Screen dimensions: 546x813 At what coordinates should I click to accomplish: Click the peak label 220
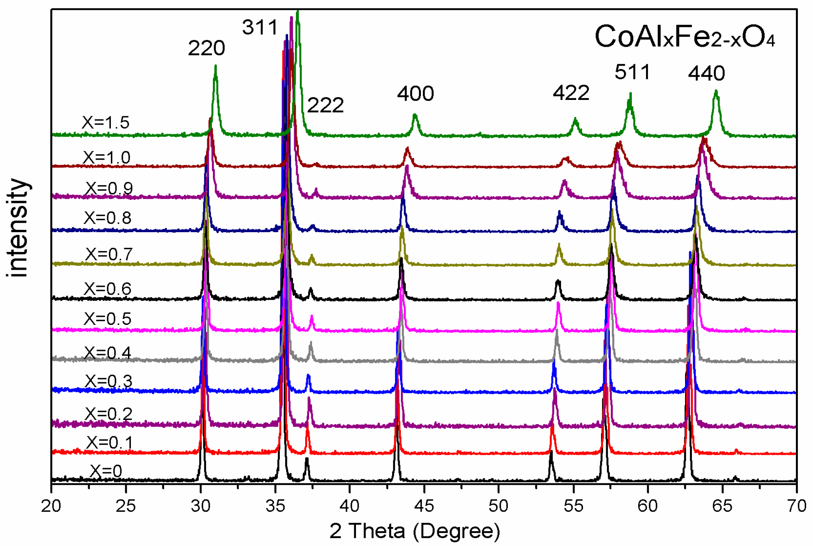pos(206,48)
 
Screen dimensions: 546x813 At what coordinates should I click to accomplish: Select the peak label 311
pos(260,27)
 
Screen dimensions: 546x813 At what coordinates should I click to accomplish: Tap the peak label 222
pos(325,105)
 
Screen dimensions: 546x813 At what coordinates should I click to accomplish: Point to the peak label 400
pos(415,93)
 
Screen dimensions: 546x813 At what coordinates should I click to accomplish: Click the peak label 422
pos(571,93)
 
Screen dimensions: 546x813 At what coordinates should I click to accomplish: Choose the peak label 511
pos(632,72)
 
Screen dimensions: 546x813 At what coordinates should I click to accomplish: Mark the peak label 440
pos(706,73)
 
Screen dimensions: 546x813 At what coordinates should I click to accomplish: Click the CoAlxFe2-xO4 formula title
pos(684,37)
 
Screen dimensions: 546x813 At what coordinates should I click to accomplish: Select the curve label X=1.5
pos(106,122)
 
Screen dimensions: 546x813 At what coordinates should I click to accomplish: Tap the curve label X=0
pos(106,471)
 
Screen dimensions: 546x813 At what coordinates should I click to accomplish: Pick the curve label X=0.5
pos(107,319)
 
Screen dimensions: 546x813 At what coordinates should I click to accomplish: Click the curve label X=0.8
pos(107,218)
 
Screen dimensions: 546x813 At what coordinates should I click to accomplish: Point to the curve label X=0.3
pos(109,381)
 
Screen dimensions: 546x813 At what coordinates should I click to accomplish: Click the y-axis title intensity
pos(18,228)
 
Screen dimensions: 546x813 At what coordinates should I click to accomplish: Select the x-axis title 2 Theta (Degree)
pos(414,531)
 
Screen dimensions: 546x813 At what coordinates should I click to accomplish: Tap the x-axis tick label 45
pos(424,506)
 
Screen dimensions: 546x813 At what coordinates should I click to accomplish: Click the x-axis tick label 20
pos(51,506)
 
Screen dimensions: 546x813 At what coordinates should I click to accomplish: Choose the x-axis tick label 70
pos(796,506)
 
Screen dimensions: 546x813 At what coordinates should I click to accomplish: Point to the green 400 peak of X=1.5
pos(415,115)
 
